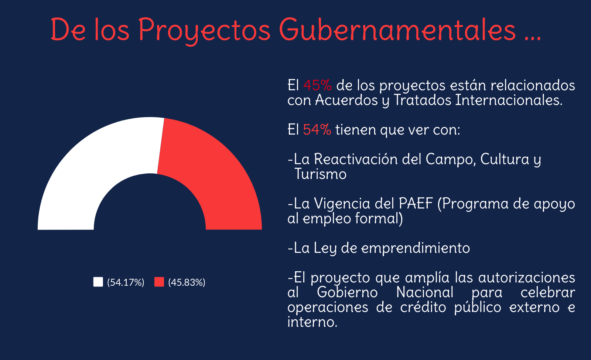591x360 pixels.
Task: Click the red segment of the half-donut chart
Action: click(216, 174)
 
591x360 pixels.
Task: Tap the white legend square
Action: click(98, 282)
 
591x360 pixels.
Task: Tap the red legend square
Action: click(159, 282)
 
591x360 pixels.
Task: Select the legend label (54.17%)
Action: click(126, 282)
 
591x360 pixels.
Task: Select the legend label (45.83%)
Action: click(187, 282)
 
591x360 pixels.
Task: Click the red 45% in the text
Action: click(317, 85)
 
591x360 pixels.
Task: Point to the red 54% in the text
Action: click(317, 130)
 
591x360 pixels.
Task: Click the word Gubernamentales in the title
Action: click(397, 29)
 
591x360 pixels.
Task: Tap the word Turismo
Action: click(320, 174)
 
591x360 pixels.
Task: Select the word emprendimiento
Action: click(416, 248)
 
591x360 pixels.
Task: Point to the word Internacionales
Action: click(509, 100)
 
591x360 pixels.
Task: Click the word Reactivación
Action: click(356, 159)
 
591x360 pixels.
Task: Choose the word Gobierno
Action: click(347, 292)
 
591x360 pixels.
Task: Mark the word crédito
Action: click(423, 307)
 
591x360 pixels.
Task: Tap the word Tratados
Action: click(423, 100)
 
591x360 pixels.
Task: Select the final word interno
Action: click(312, 322)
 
